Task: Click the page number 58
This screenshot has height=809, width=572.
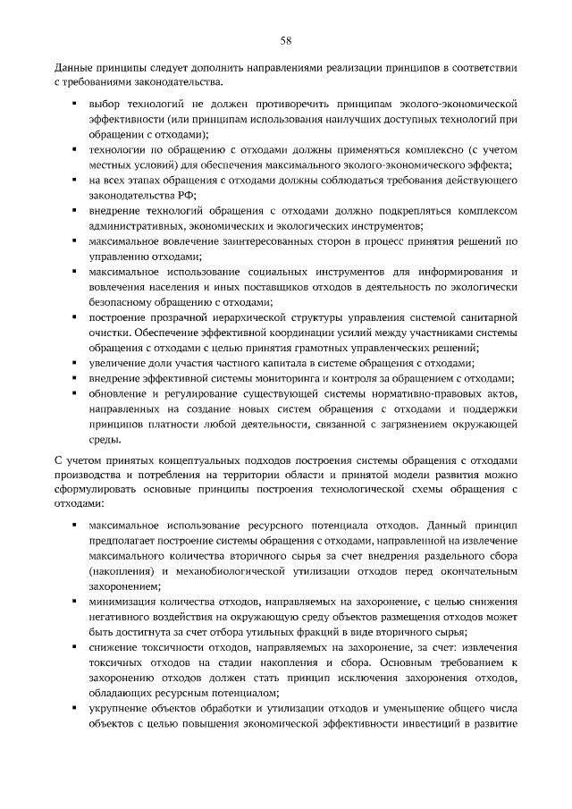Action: pyautogui.click(x=286, y=40)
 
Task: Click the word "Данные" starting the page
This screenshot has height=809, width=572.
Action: pyautogui.click(x=72, y=68)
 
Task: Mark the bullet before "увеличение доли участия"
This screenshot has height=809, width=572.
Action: pyautogui.click(x=72, y=364)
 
